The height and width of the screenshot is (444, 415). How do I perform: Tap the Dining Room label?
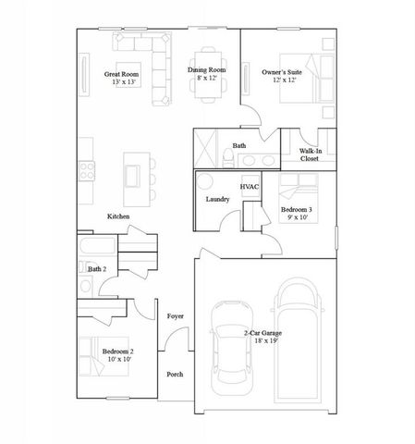click(x=206, y=70)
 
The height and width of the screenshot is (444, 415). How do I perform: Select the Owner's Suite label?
click(x=282, y=71)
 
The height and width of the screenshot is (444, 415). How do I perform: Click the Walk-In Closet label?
click(x=310, y=154)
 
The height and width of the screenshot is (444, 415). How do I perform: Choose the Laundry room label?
click(x=217, y=199)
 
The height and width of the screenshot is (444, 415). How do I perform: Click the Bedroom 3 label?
click(x=297, y=210)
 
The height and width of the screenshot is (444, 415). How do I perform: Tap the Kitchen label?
click(x=118, y=216)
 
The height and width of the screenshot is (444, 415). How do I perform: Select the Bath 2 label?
click(x=97, y=268)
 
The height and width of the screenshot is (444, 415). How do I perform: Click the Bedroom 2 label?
click(x=117, y=351)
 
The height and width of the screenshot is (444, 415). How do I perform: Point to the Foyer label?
click(x=175, y=316)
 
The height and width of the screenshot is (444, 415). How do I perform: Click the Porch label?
click(x=175, y=374)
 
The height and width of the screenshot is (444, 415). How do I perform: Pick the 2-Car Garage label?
click(x=262, y=332)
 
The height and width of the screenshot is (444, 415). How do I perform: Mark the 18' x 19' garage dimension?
click(x=263, y=340)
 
